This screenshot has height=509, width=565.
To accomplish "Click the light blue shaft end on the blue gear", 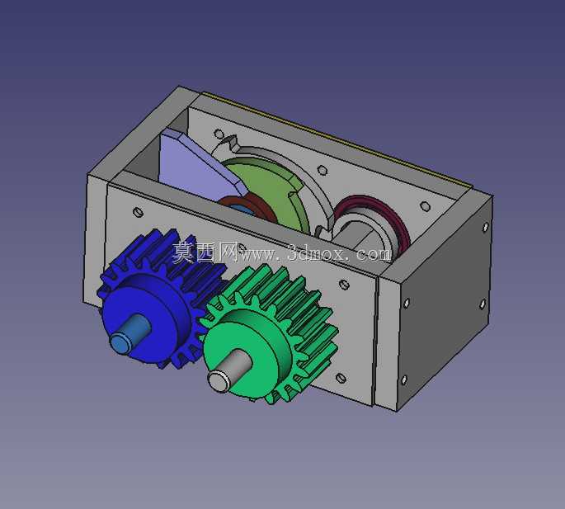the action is [x=129, y=332].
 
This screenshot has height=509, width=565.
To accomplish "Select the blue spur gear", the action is [x=158, y=299].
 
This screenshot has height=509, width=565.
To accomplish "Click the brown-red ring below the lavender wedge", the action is [x=248, y=209].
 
